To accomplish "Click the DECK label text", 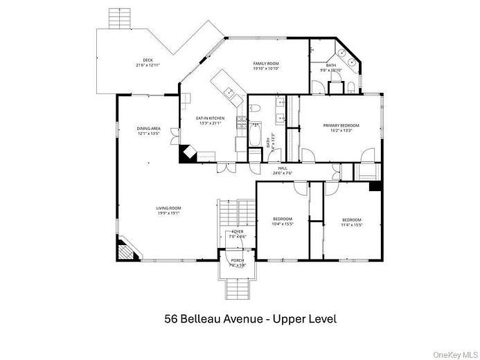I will click(x=148, y=60).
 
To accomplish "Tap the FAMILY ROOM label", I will click(x=265, y=64).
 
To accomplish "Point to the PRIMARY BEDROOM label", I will click(x=341, y=125).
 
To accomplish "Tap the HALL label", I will click(x=283, y=168).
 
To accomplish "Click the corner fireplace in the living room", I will click(x=125, y=249).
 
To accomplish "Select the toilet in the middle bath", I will click(x=254, y=109).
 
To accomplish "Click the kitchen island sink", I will click(x=228, y=90).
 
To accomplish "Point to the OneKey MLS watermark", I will click(x=454, y=354).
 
